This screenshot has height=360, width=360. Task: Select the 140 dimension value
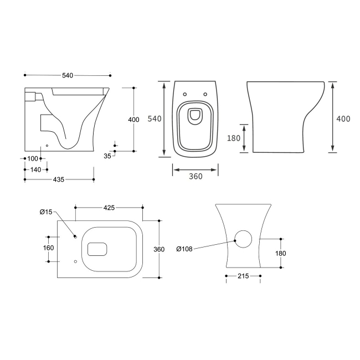tap(35, 169)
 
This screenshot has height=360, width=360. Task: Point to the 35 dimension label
tap(107, 157)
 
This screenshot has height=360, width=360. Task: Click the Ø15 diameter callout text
tap(45, 212)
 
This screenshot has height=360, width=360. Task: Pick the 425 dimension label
tap(109, 208)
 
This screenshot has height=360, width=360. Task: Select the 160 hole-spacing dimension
tap(49, 248)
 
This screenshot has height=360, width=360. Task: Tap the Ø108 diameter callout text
tap(184, 249)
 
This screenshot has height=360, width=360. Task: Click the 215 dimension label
tap(243, 275)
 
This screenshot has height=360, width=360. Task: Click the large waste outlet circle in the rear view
tap(243, 240)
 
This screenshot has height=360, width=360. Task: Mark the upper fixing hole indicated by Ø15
tap(75, 237)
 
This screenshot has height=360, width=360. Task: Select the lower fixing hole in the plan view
tap(75, 261)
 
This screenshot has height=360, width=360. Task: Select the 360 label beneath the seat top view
tap(195, 176)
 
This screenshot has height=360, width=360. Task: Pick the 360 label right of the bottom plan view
tap(158, 249)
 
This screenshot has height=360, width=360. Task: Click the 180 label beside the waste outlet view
tap(280, 253)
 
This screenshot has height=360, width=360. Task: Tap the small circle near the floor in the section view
tap(47, 146)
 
